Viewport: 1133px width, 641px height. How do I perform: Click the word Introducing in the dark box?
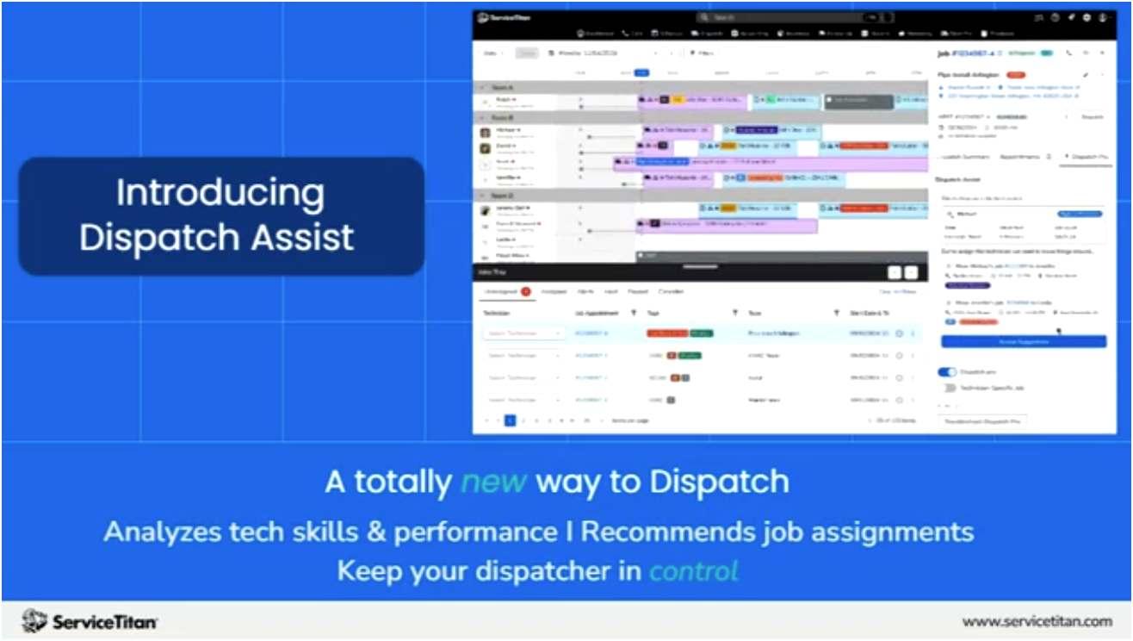tap(220, 192)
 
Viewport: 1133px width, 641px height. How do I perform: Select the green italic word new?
tap(493, 482)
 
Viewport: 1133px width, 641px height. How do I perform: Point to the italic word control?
tap(694, 570)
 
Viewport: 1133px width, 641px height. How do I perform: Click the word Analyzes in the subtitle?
tap(156, 532)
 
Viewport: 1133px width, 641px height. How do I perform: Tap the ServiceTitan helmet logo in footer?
tap(34, 621)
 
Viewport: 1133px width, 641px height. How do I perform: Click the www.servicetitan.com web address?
tap(1037, 621)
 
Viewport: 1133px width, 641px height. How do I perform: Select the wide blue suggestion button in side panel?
tap(1023, 342)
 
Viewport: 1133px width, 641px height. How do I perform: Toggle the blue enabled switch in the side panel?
tap(946, 372)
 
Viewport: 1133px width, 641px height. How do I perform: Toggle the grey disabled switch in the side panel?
tap(946, 388)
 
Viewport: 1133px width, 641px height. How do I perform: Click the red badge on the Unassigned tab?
tap(525, 292)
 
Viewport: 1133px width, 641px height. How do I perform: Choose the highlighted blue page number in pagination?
tap(510, 420)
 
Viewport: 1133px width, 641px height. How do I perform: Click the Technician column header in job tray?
tap(497, 313)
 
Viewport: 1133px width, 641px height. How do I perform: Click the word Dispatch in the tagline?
tap(720, 482)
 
